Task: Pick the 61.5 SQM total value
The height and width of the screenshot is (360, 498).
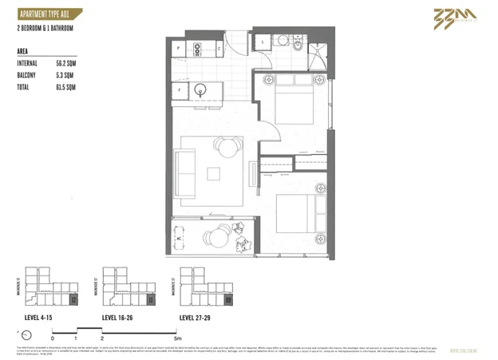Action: point(65,85)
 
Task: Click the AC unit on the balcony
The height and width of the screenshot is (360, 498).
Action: point(180,238)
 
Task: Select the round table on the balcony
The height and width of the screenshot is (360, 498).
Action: point(217,237)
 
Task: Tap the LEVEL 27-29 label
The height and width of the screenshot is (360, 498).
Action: point(197,317)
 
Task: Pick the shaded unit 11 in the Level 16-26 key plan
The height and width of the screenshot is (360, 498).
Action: point(150,299)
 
